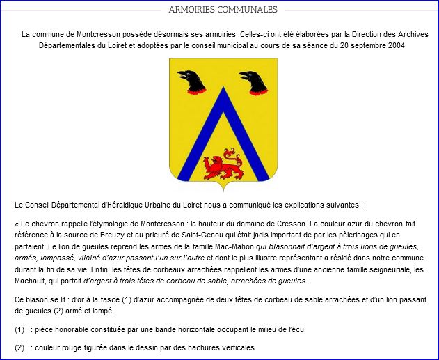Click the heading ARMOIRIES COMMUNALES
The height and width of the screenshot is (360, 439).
(x=223, y=10)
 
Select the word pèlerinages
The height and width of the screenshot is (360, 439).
(x=382, y=235)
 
